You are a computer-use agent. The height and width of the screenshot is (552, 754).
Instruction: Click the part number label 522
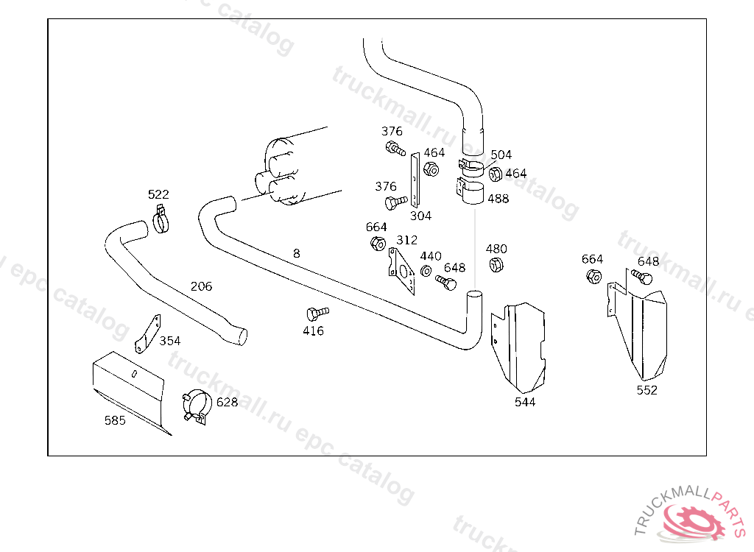[x=158, y=194]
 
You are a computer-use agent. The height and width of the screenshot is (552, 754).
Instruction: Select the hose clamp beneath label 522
[x=161, y=220]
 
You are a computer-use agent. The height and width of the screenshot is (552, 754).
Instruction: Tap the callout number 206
[x=201, y=286]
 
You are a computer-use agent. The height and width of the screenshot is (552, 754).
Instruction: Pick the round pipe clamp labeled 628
[x=197, y=407]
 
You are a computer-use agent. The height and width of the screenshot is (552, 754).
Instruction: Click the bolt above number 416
[x=317, y=314]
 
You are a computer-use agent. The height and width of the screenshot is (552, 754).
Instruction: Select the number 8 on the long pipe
[x=297, y=253]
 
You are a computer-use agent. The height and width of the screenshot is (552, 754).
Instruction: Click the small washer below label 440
[x=426, y=271]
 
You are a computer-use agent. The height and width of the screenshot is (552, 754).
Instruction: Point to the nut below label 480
[x=496, y=264]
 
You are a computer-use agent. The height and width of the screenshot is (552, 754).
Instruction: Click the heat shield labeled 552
[x=637, y=327]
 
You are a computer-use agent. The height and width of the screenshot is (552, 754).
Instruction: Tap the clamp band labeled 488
[x=471, y=191]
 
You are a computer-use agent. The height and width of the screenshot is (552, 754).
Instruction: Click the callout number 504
[x=501, y=155]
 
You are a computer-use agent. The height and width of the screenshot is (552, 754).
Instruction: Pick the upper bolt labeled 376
[x=395, y=148]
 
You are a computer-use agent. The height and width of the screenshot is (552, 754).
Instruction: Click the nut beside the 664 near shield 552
[x=594, y=277]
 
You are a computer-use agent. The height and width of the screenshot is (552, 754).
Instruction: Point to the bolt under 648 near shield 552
[x=642, y=277]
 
